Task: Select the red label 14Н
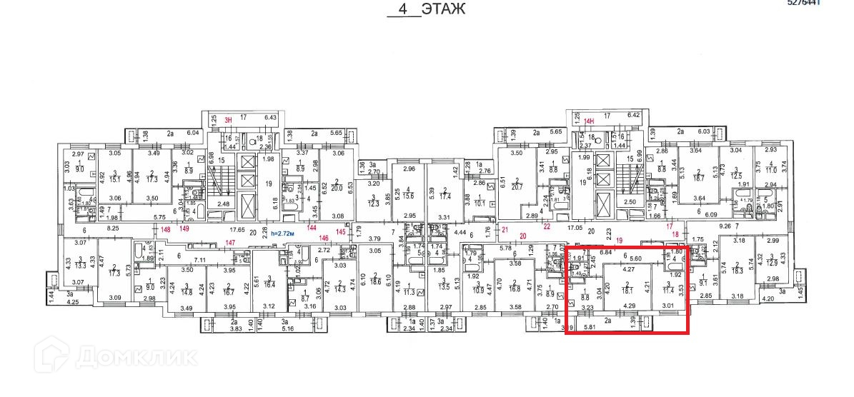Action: pos(590,121)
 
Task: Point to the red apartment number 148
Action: pos(166,230)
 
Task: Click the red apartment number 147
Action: pos(230,243)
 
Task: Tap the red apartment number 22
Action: pos(547,227)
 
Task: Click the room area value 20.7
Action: pos(517,186)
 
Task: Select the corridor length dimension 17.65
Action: pos(237,230)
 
